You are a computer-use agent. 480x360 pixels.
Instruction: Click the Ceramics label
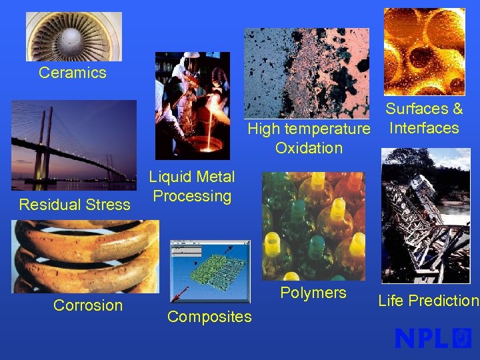click(x=72, y=73)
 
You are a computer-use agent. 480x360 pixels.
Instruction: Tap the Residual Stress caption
click(x=75, y=205)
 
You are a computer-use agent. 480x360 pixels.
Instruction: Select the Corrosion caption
click(x=88, y=305)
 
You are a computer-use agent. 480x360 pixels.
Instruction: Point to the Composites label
click(x=209, y=317)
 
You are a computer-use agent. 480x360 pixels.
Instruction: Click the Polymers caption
click(x=313, y=293)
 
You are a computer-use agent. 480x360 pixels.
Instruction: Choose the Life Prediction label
click(x=428, y=301)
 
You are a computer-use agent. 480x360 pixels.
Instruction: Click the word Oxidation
click(x=309, y=147)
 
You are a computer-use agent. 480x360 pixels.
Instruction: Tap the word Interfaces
click(x=424, y=127)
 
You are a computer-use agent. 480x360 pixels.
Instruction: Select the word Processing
click(x=192, y=196)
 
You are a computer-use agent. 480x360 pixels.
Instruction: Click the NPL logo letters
click(x=421, y=339)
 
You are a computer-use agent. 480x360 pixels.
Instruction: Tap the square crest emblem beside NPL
click(x=462, y=338)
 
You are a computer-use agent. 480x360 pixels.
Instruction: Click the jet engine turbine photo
click(x=74, y=37)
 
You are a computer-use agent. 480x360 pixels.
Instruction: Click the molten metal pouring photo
click(x=192, y=105)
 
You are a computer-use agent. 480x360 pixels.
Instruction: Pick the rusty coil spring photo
click(x=85, y=257)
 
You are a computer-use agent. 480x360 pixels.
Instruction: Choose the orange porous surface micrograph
click(x=424, y=51)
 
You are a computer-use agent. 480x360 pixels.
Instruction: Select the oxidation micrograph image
click(x=306, y=73)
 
